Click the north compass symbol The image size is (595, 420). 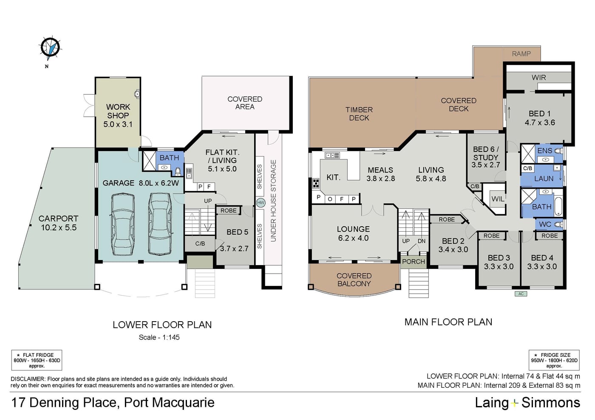[50, 49]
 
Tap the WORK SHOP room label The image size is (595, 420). [118, 111]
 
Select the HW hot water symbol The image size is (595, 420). [261, 203]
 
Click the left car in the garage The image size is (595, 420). [123, 224]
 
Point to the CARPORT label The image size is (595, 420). [59, 219]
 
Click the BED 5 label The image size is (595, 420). [237, 232]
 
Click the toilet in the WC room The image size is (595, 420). [558, 224]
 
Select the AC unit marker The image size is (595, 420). [521, 294]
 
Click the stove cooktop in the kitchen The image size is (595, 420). [316, 183]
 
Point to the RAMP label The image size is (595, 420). [521, 54]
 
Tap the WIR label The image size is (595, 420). [539, 78]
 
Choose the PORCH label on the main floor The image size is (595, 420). [413, 262]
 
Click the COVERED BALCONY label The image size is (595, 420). [354, 280]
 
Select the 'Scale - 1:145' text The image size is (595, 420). [159, 337]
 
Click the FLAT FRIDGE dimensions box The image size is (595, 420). [37, 360]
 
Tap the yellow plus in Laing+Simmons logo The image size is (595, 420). [515, 403]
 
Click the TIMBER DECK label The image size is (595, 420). [359, 114]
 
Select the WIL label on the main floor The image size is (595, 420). [498, 199]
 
